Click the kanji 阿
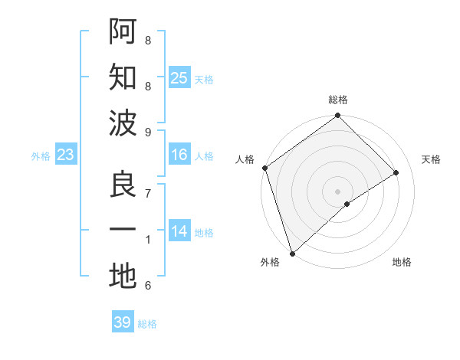point(123,31)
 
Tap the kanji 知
point(123,77)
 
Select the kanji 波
point(123,123)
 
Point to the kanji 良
point(123,185)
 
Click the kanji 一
point(123,231)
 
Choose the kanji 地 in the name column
point(123,277)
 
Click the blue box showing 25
point(179,77)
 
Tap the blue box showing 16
point(179,155)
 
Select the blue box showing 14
point(179,231)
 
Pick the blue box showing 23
point(66,155)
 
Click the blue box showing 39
point(123,322)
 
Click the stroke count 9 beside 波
point(148,133)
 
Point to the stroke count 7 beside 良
point(148,194)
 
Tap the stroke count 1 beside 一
point(148,241)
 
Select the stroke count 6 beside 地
point(148,286)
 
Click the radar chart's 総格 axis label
point(338,100)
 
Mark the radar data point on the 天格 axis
point(396,173)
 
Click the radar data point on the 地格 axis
point(347,204)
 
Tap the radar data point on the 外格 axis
point(292,253)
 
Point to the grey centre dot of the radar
point(337,191)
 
